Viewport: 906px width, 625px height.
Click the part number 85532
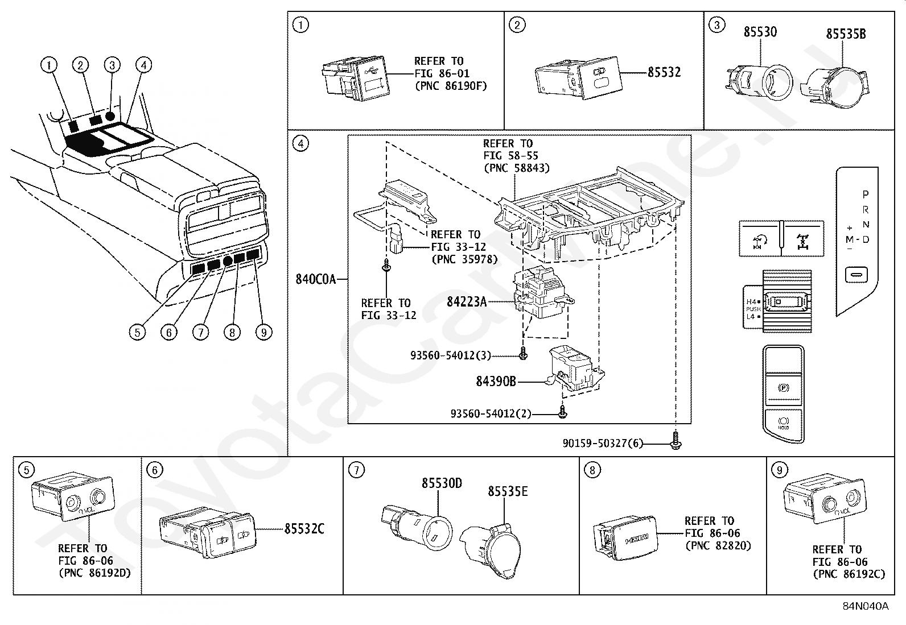[664, 72]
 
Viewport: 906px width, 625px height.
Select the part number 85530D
[442, 483]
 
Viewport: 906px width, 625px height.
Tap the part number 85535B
[846, 34]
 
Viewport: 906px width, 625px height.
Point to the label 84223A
[467, 301]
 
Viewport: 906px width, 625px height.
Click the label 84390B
[496, 382]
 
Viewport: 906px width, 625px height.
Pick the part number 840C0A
[315, 279]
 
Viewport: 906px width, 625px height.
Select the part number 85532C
[304, 529]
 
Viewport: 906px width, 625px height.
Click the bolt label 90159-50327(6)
[603, 443]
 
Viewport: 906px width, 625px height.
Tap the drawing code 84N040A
[865, 606]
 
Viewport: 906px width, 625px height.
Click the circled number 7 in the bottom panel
[356, 470]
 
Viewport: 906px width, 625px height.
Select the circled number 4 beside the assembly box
[300, 143]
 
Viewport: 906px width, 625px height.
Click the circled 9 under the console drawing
[263, 332]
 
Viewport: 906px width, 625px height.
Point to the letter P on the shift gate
[866, 194]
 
